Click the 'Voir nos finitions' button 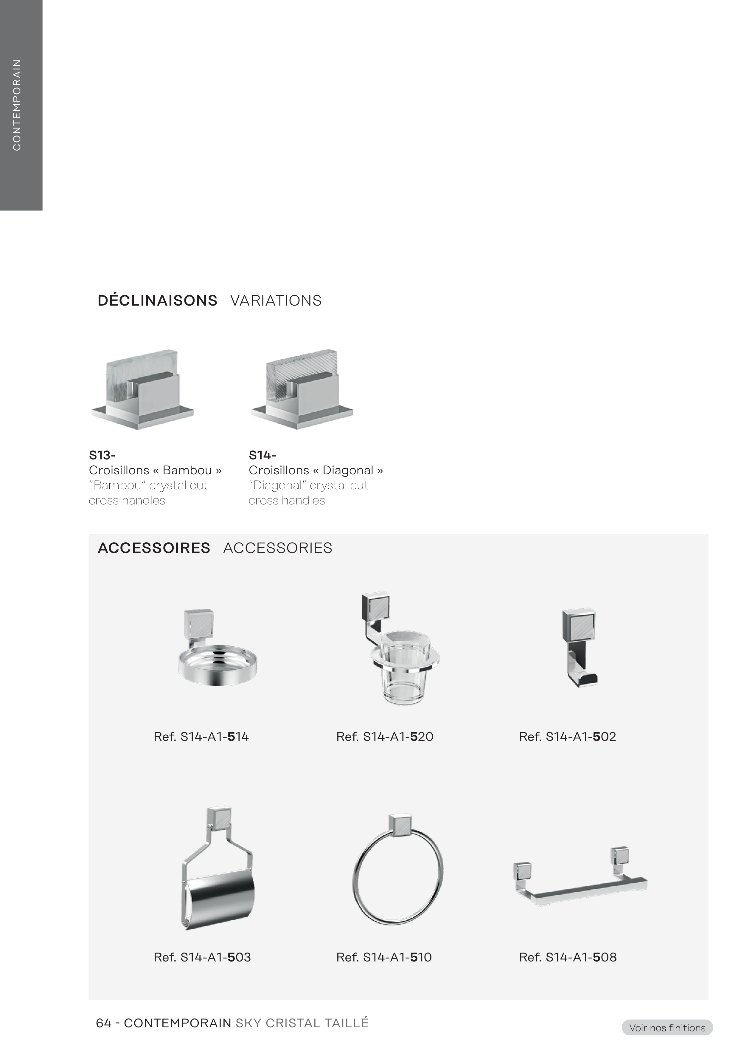(667, 1028)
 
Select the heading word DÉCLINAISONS (157, 301)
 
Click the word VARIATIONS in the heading (276, 301)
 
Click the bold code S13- (102, 456)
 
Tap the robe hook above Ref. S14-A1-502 (580, 646)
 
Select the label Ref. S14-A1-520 (385, 737)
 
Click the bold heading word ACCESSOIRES (154, 548)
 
